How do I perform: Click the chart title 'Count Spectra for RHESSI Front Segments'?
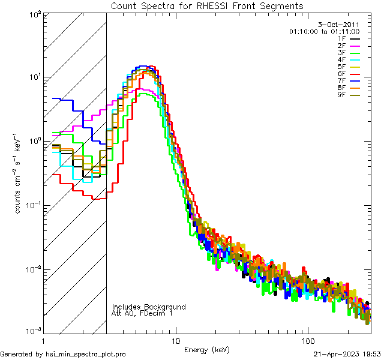(207, 5)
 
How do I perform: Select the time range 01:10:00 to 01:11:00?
(324, 31)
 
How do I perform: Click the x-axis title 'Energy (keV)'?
(207, 349)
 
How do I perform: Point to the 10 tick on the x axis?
(175, 340)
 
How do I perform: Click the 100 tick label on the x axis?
(308, 340)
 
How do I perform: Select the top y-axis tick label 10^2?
(34, 14)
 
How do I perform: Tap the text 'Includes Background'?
(149, 307)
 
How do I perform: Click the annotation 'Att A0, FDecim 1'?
(142, 313)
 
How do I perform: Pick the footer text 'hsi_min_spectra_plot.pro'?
(86, 354)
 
